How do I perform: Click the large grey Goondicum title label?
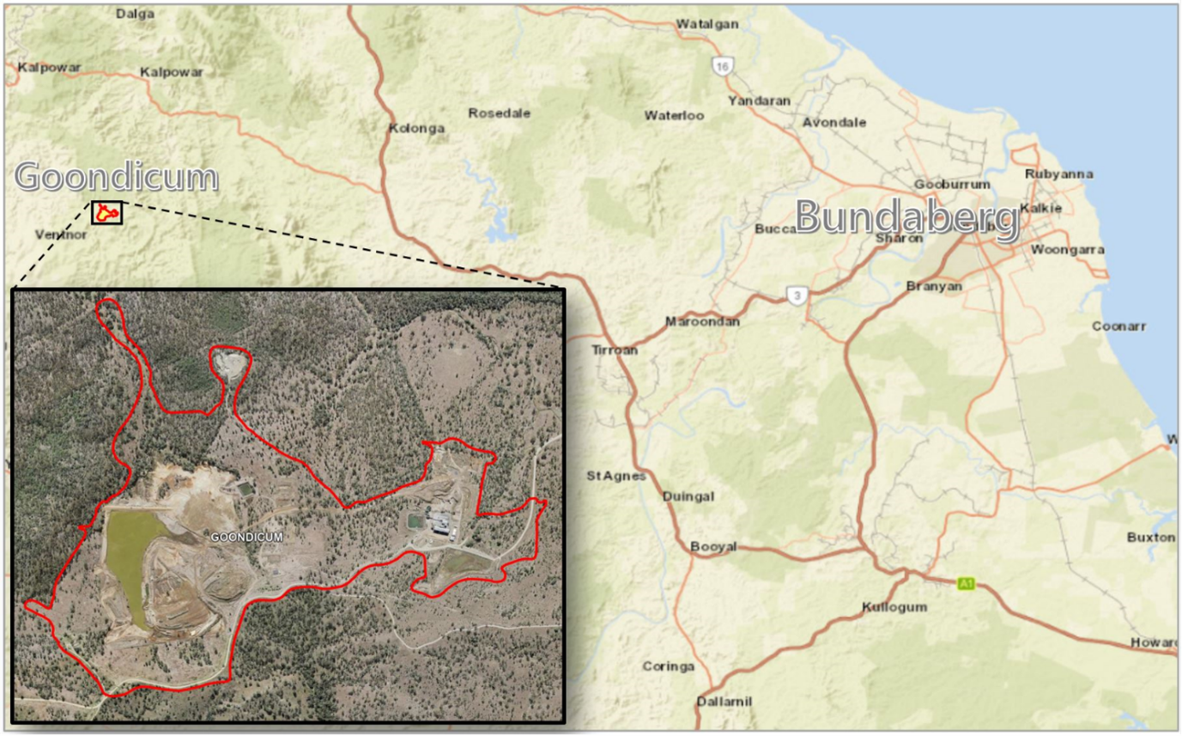tap(116, 177)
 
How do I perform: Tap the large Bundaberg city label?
tap(907, 218)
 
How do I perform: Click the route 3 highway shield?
tap(797, 296)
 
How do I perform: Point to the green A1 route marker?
tap(967, 584)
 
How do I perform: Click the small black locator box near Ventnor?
tap(107, 212)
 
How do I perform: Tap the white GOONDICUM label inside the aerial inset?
tap(247, 537)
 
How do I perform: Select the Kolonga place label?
tap(417, 129)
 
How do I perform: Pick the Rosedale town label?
tap(499, 113)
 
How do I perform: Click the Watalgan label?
tap(707, 24)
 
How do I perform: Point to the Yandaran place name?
tap(759, 100)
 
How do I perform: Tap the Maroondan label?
tap(701, 322)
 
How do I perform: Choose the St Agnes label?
tap(615, 475)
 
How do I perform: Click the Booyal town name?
tap(711, 546)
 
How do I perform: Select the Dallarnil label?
tap(724, 702)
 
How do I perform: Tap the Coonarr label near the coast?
tap(1118, 326)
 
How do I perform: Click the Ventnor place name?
tap(61, 234)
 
